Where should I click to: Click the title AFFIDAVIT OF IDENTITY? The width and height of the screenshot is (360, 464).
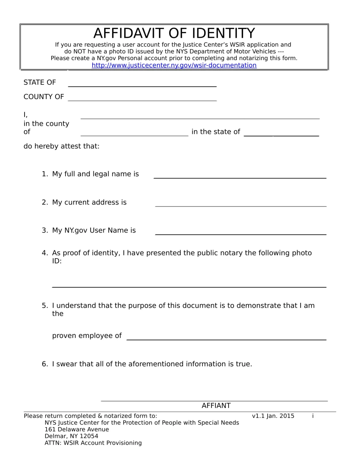(x=174, y=33)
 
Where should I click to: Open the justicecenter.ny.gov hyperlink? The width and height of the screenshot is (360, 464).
(x=174, y=65)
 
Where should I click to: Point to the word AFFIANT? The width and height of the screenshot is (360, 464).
(x=216, y=406)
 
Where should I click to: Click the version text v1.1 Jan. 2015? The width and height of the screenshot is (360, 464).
(x=273, y=416)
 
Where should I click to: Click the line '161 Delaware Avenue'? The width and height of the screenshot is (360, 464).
(x=77, y=429)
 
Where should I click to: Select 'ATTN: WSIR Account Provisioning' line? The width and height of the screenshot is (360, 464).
(x=93, y=443)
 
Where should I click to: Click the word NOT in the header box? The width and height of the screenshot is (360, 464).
(x=79, y=51)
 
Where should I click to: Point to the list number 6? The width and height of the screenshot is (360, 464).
(x=45, y=364)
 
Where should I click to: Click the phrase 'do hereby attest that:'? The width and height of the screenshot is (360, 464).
(x=61, y=146)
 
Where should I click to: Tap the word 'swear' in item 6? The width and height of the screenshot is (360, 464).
(x=66, y=364)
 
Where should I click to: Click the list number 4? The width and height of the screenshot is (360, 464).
(x=45, y=253)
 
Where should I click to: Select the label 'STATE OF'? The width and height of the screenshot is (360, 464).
(x=40, y=82)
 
